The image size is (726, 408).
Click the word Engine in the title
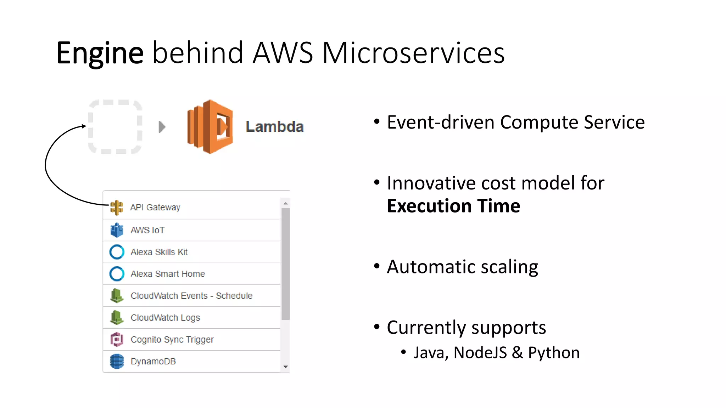click(100, 53)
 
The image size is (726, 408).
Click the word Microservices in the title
click(413, 53)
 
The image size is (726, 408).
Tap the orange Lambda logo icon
click(210, 127)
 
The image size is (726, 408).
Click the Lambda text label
click(275, 127)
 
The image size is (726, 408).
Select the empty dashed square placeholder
click(115, 127)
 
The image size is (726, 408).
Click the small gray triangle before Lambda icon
click(162, 127)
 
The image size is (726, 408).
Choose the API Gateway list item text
click(155, 207)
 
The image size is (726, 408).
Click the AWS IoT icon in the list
click(117, 230)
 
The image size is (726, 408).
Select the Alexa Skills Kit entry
click(159, 252)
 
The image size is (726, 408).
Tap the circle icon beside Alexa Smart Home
click(117, 274)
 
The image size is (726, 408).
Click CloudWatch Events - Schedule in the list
click(191, 296)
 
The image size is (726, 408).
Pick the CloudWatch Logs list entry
click(165, 318)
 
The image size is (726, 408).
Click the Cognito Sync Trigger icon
click(117, 339)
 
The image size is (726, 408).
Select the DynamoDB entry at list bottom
click(153, 361)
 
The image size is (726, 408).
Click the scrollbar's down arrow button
click(285, 367)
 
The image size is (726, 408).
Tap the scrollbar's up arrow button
click(285, 203)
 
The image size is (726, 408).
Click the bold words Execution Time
click(453, 206)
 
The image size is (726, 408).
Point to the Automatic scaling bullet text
click(462, 267)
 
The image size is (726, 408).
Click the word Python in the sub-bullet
click(554, 353)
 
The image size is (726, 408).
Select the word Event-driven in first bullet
click(440, 123)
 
